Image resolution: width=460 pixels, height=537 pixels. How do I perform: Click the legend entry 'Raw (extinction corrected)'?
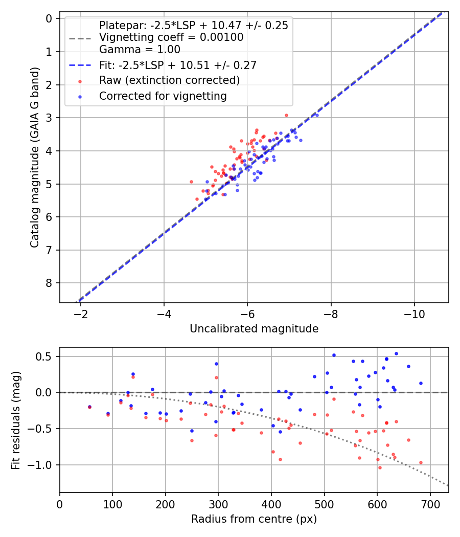coord(169,80)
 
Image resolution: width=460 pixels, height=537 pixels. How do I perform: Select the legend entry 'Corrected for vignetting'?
coord(163,96)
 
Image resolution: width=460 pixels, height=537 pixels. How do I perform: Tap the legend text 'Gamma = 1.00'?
coord(140,49)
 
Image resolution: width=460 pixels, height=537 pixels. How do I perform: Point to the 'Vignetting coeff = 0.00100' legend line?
coord(171,37)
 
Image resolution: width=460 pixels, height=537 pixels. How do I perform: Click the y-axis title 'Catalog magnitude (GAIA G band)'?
coord(35,157)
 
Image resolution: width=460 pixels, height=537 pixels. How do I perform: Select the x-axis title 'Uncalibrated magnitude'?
coord(254,329)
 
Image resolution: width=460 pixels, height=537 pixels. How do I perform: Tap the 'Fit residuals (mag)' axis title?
coord(16,420)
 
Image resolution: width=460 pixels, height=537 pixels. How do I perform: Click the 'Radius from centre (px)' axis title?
coord(254,519)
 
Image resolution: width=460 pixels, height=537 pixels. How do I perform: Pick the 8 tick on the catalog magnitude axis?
coord(49,283)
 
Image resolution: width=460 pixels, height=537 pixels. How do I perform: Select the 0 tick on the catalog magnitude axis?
coord(49,18)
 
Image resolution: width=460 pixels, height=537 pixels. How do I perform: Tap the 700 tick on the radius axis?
coord(430,504)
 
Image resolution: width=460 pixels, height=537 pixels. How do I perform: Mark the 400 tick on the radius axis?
coord(271,504)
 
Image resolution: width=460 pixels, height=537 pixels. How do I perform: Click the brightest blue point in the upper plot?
coord(317,116)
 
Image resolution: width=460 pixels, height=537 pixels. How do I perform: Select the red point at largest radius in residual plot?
coord(421,463)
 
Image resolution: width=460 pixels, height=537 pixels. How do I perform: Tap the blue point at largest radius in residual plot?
coord(421,383)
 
